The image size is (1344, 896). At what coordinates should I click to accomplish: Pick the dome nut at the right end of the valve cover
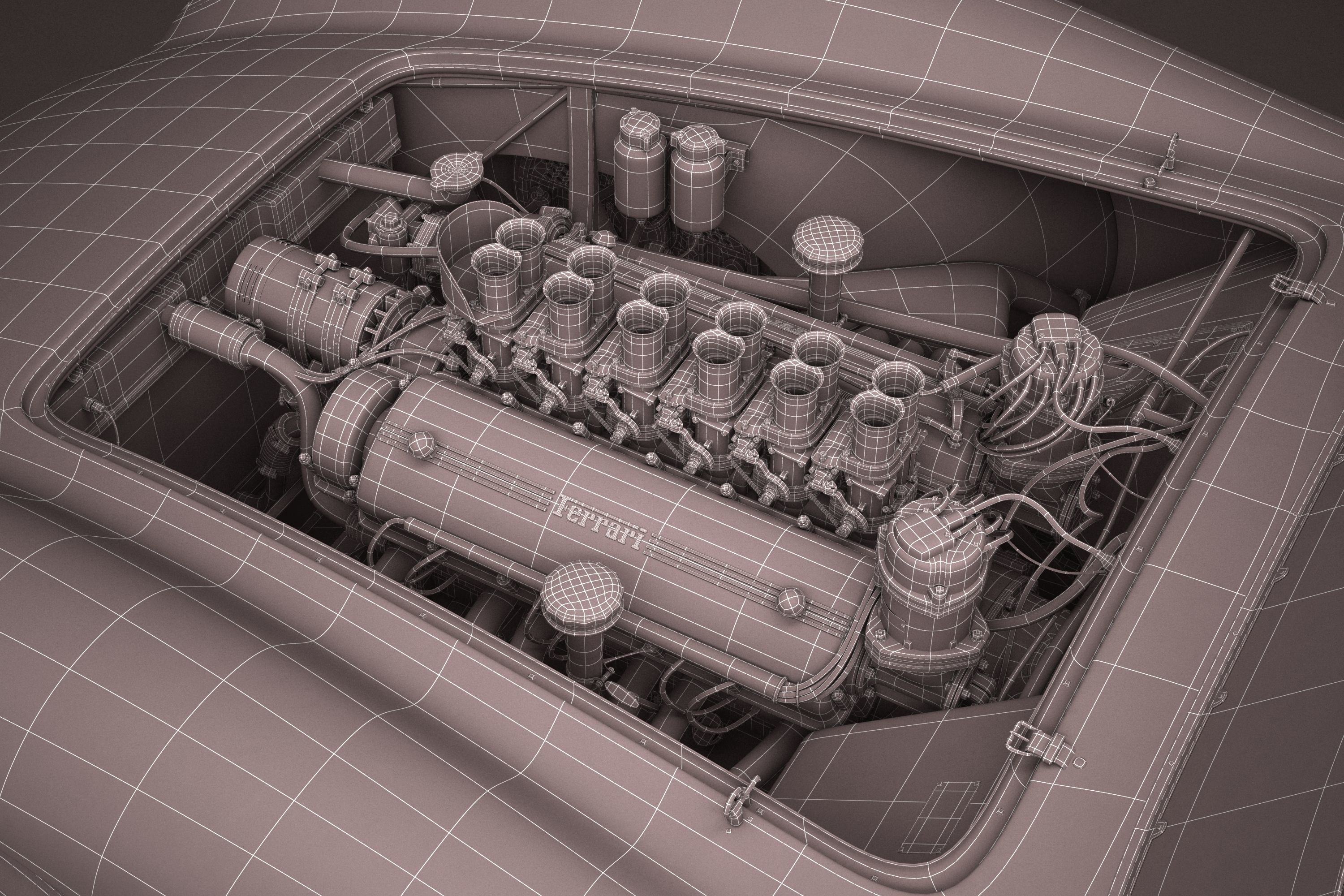coord(791,599)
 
